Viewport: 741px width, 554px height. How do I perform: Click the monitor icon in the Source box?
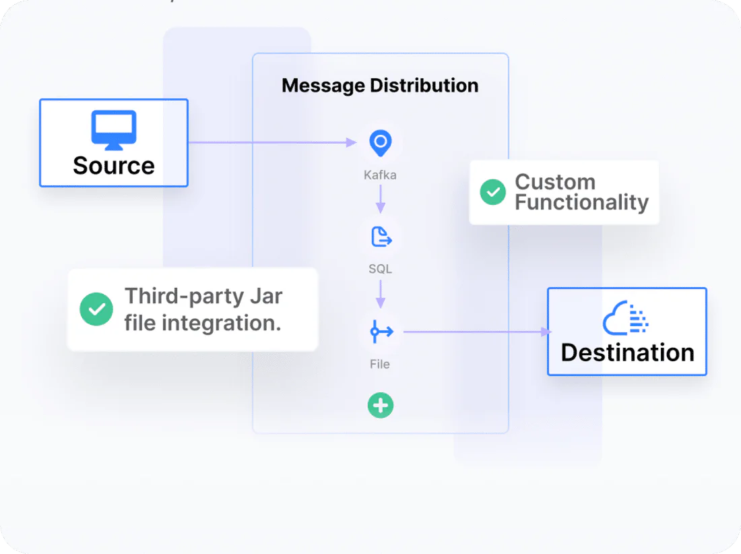point(114,130)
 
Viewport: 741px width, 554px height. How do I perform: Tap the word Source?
point(114,165)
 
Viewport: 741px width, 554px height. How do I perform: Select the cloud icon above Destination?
point(626,318)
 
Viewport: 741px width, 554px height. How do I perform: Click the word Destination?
point(627,352)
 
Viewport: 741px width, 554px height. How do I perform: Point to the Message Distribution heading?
point(380,86)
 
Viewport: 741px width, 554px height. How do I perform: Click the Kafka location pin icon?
point(380,143)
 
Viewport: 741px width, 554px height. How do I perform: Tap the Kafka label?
point(380,175)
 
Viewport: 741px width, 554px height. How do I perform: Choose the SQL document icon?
point(381,237)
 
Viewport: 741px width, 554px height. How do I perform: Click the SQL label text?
point(380,269)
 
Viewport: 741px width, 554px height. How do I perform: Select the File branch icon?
point(381,332)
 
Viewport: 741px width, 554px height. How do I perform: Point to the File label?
point(380,364)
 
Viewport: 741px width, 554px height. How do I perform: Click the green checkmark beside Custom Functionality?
point(493,192)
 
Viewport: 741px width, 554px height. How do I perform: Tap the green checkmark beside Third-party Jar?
point(96,309)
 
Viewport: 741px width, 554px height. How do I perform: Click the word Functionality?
point(581,202)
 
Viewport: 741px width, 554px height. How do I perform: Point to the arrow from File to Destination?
point(475,332)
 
